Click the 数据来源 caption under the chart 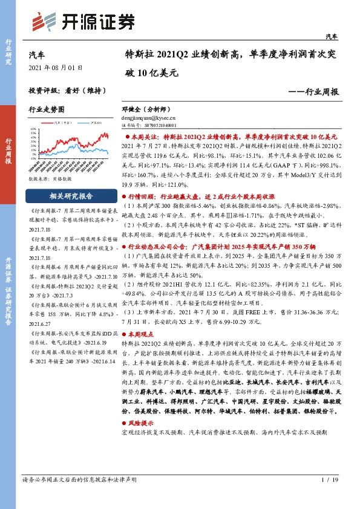pos(46,180)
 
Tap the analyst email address pos(152,119)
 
